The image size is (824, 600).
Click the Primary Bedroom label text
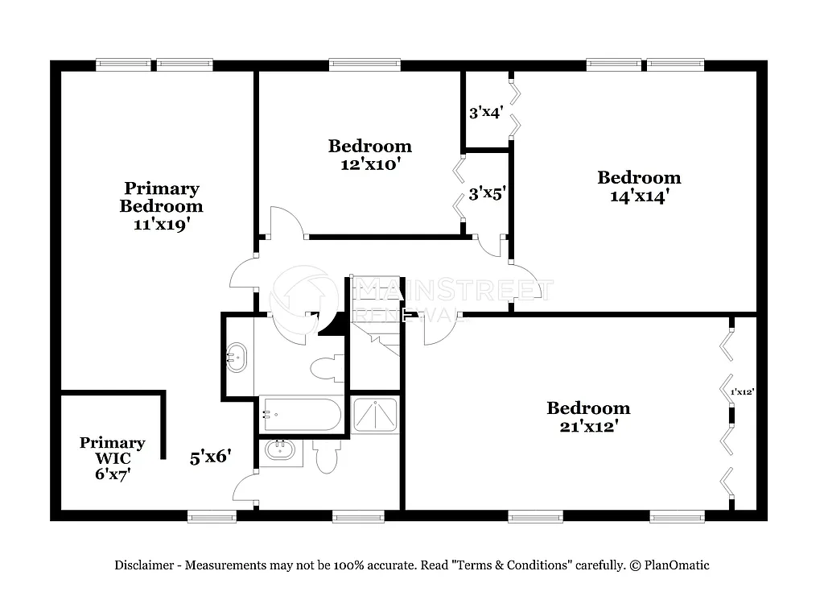tap(161, 197)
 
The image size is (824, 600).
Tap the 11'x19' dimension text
tap(161, 225)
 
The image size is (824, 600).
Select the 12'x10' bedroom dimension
tap(369, 164)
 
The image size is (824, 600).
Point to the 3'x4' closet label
tap(485, 113)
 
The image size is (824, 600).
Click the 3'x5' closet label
tap(485, 193)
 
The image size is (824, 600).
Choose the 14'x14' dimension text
tap(638, 196)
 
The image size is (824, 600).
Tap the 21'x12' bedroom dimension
tap(588, 426)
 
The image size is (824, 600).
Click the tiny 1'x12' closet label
tap(741, 392)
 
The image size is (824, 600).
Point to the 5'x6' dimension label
tap(211, 457)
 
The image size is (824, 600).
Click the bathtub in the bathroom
tap(301, 416)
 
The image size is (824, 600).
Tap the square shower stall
tap(375, 415)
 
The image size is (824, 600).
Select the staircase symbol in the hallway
tap(377, 318)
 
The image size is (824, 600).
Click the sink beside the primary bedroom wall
tap(237, 355)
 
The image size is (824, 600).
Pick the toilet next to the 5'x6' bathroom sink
tap(327, 457)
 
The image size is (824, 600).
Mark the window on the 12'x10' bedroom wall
tap(365, 64)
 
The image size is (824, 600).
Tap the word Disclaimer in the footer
tap(143, 565)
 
